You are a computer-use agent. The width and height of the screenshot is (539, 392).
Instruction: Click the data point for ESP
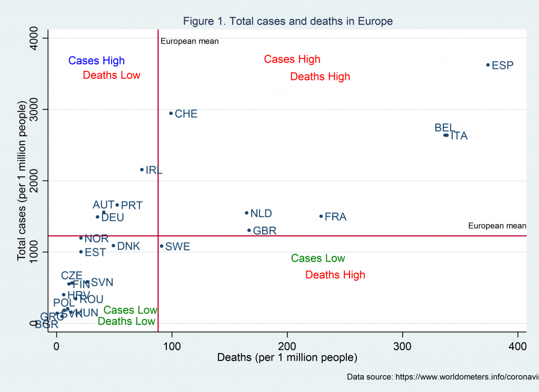click(488, 65)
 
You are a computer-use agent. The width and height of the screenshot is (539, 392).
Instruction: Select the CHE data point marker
click(171, 113)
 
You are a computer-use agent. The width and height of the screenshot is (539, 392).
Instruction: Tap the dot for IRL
click(142, 169)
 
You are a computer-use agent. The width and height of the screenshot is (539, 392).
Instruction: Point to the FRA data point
click(321, 216)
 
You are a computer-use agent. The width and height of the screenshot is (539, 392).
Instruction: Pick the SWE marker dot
click(162, 246)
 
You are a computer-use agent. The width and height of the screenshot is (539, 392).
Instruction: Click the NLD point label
click(261, 214)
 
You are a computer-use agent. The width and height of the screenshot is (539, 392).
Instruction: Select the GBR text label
click(265, 231)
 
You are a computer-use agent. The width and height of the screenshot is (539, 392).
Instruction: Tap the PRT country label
click(132, 206)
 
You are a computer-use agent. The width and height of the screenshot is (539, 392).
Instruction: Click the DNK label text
click(128, 246)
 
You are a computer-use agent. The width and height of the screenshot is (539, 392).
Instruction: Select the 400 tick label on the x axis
click(518, 347)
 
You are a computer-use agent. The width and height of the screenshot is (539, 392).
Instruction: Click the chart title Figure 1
click(288, 22)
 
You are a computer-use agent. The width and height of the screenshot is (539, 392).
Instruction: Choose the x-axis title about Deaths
click(287, 358)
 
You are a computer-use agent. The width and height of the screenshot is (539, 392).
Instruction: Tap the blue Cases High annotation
click(96, 61)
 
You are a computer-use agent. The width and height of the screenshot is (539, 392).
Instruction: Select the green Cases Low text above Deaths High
click(318, 258)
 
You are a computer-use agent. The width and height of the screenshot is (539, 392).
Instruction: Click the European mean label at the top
click(189, 41)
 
